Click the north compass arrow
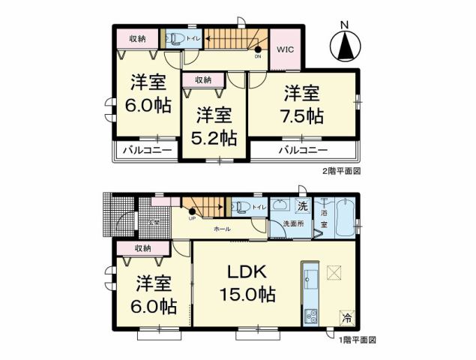(x=345, y=46)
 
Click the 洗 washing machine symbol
(x=303, y=205)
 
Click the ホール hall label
(x=222, y=227)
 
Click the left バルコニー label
(x=145, y=150)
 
